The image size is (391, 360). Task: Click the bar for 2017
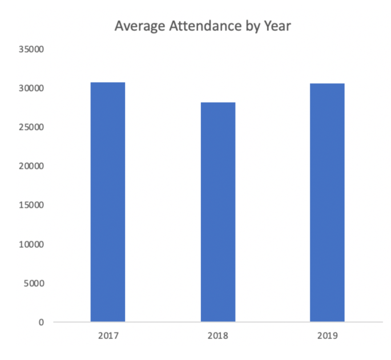[x=108, y=202]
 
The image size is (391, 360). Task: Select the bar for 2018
[x=217, y=212]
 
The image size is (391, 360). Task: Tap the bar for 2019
[x=327, y=203]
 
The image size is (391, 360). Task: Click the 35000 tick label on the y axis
[x=33, y=50]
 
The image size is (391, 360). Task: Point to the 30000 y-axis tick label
[x=33, y=88]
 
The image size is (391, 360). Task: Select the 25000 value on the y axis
[x=33, y=127]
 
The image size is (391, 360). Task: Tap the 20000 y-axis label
[x=33, y=166]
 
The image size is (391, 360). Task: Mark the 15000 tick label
[x=33, y=205]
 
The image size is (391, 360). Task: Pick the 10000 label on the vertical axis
[x=33, y=244]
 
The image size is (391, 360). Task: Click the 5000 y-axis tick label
[x=35, y=283]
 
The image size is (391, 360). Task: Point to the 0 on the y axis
[x=42, y=322]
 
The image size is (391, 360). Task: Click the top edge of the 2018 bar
[x=217, y=103]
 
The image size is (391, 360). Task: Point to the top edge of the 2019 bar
[x=327, y=84]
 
